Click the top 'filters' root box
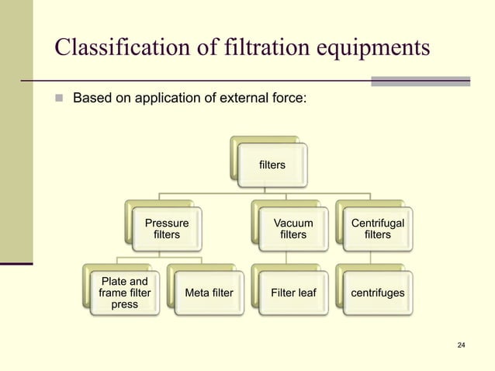pyautogui.click(x=272, y=165)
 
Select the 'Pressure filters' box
pyautogui.click(x=167, y=229)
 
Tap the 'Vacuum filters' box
pyautogui.click(x=293, y=229)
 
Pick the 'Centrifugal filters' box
pyautogui.click(x=378, y=229)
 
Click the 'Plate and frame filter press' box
pyautogui.click(x=125, y=293)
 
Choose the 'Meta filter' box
pyautogui.click(x=209, y=293)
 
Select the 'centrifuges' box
pyautogui.click(x=378, y=293)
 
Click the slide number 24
pyautogui.click(x=462, y=345)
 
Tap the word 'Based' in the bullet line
pyautogui.click(x=91, y=99)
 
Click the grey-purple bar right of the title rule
pyautogui.click(x=421, y=81)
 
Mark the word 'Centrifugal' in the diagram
pyautogui.click(x=378, y=224)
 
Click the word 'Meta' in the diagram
pyautogui.click(x=198, y=293)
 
